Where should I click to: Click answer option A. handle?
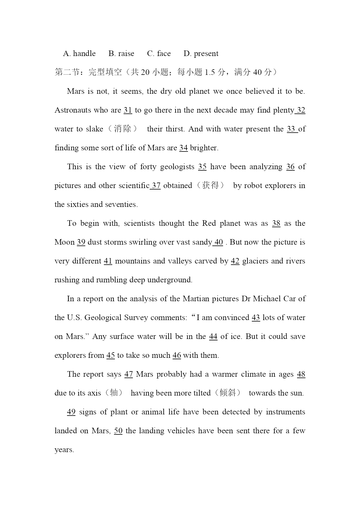pyautogui.click(x=79, y=54)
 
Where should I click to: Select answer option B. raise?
pyautogui.click(x=121, y=54)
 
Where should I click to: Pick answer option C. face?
pyautogui.click(x=159, y=54)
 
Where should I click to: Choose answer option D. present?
pyautogui.click(x=201, y=54)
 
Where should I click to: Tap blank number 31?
pyautogui.click(x=128, y=110)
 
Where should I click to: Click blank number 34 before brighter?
pyautogui.click(x=183, y=148)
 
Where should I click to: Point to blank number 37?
pyautogui.click(x=156, y=186)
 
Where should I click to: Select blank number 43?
pyautogui.click(x=256, y=318)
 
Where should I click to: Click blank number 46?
pyautogui.click(x=177, y=355)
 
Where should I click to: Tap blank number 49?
pyautogui.click(x=71, y=412)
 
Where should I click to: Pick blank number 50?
pyautogui.click(x=118, y=431)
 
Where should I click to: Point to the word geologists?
pyautogui.click(x=177, y=167)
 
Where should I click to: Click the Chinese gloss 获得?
pyautogui.click(x=210, y=185)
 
